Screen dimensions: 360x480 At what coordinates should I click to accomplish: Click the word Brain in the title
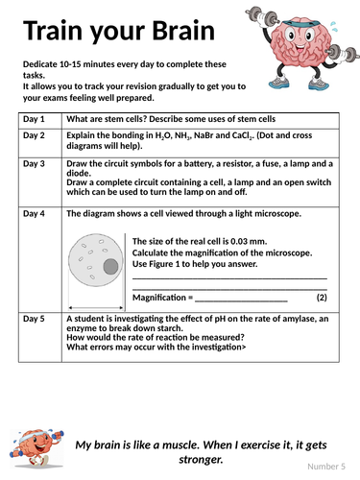coord(183,30)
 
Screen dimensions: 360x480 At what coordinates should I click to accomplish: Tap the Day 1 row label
coord(34,119)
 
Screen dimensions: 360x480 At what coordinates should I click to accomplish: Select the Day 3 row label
coord(34,163)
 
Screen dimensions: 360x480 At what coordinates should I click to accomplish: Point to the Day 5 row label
coord(34,319)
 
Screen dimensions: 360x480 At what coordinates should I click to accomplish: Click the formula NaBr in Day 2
coord(204,135)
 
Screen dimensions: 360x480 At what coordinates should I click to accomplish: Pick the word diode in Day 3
coord(79,173)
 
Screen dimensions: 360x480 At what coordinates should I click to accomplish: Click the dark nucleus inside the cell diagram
coord(110,266)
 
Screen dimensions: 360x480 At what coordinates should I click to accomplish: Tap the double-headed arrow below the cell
coord(96,308)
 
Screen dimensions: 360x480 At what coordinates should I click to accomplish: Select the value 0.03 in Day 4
coord(239,241)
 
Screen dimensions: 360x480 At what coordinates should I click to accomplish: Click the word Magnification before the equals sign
coord(159,298)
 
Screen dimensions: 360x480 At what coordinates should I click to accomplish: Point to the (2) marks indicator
coord(322,298)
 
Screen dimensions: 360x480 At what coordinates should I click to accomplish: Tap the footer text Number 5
coord(326,467)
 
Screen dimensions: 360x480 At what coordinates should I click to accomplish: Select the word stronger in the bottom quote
coord(201,460)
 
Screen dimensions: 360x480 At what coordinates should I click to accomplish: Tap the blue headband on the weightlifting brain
coord(301,23)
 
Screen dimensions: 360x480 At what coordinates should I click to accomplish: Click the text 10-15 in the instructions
coord(70,64)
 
